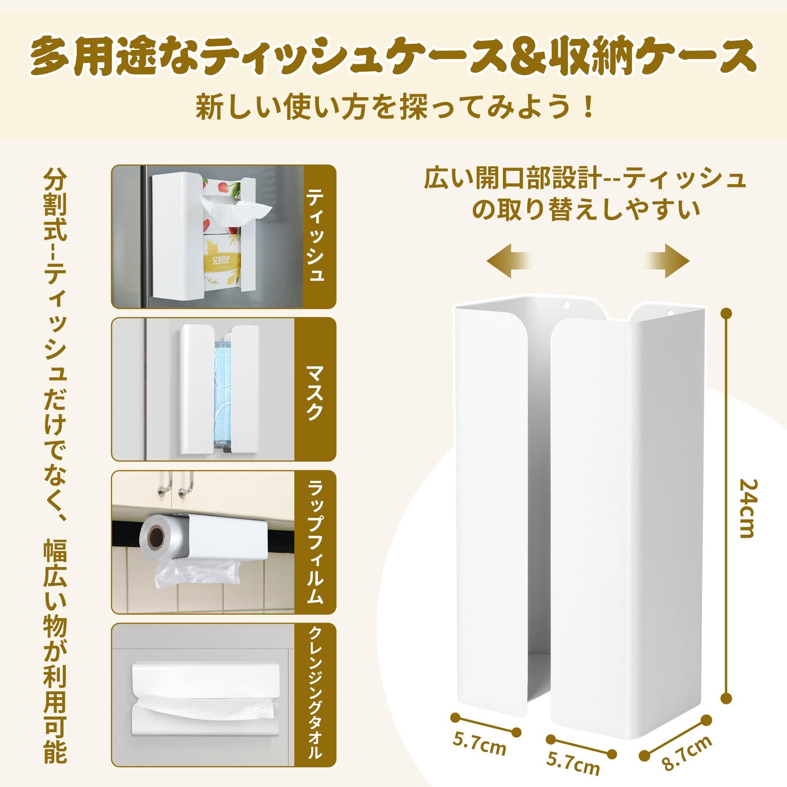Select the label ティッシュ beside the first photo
coord(315,236)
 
